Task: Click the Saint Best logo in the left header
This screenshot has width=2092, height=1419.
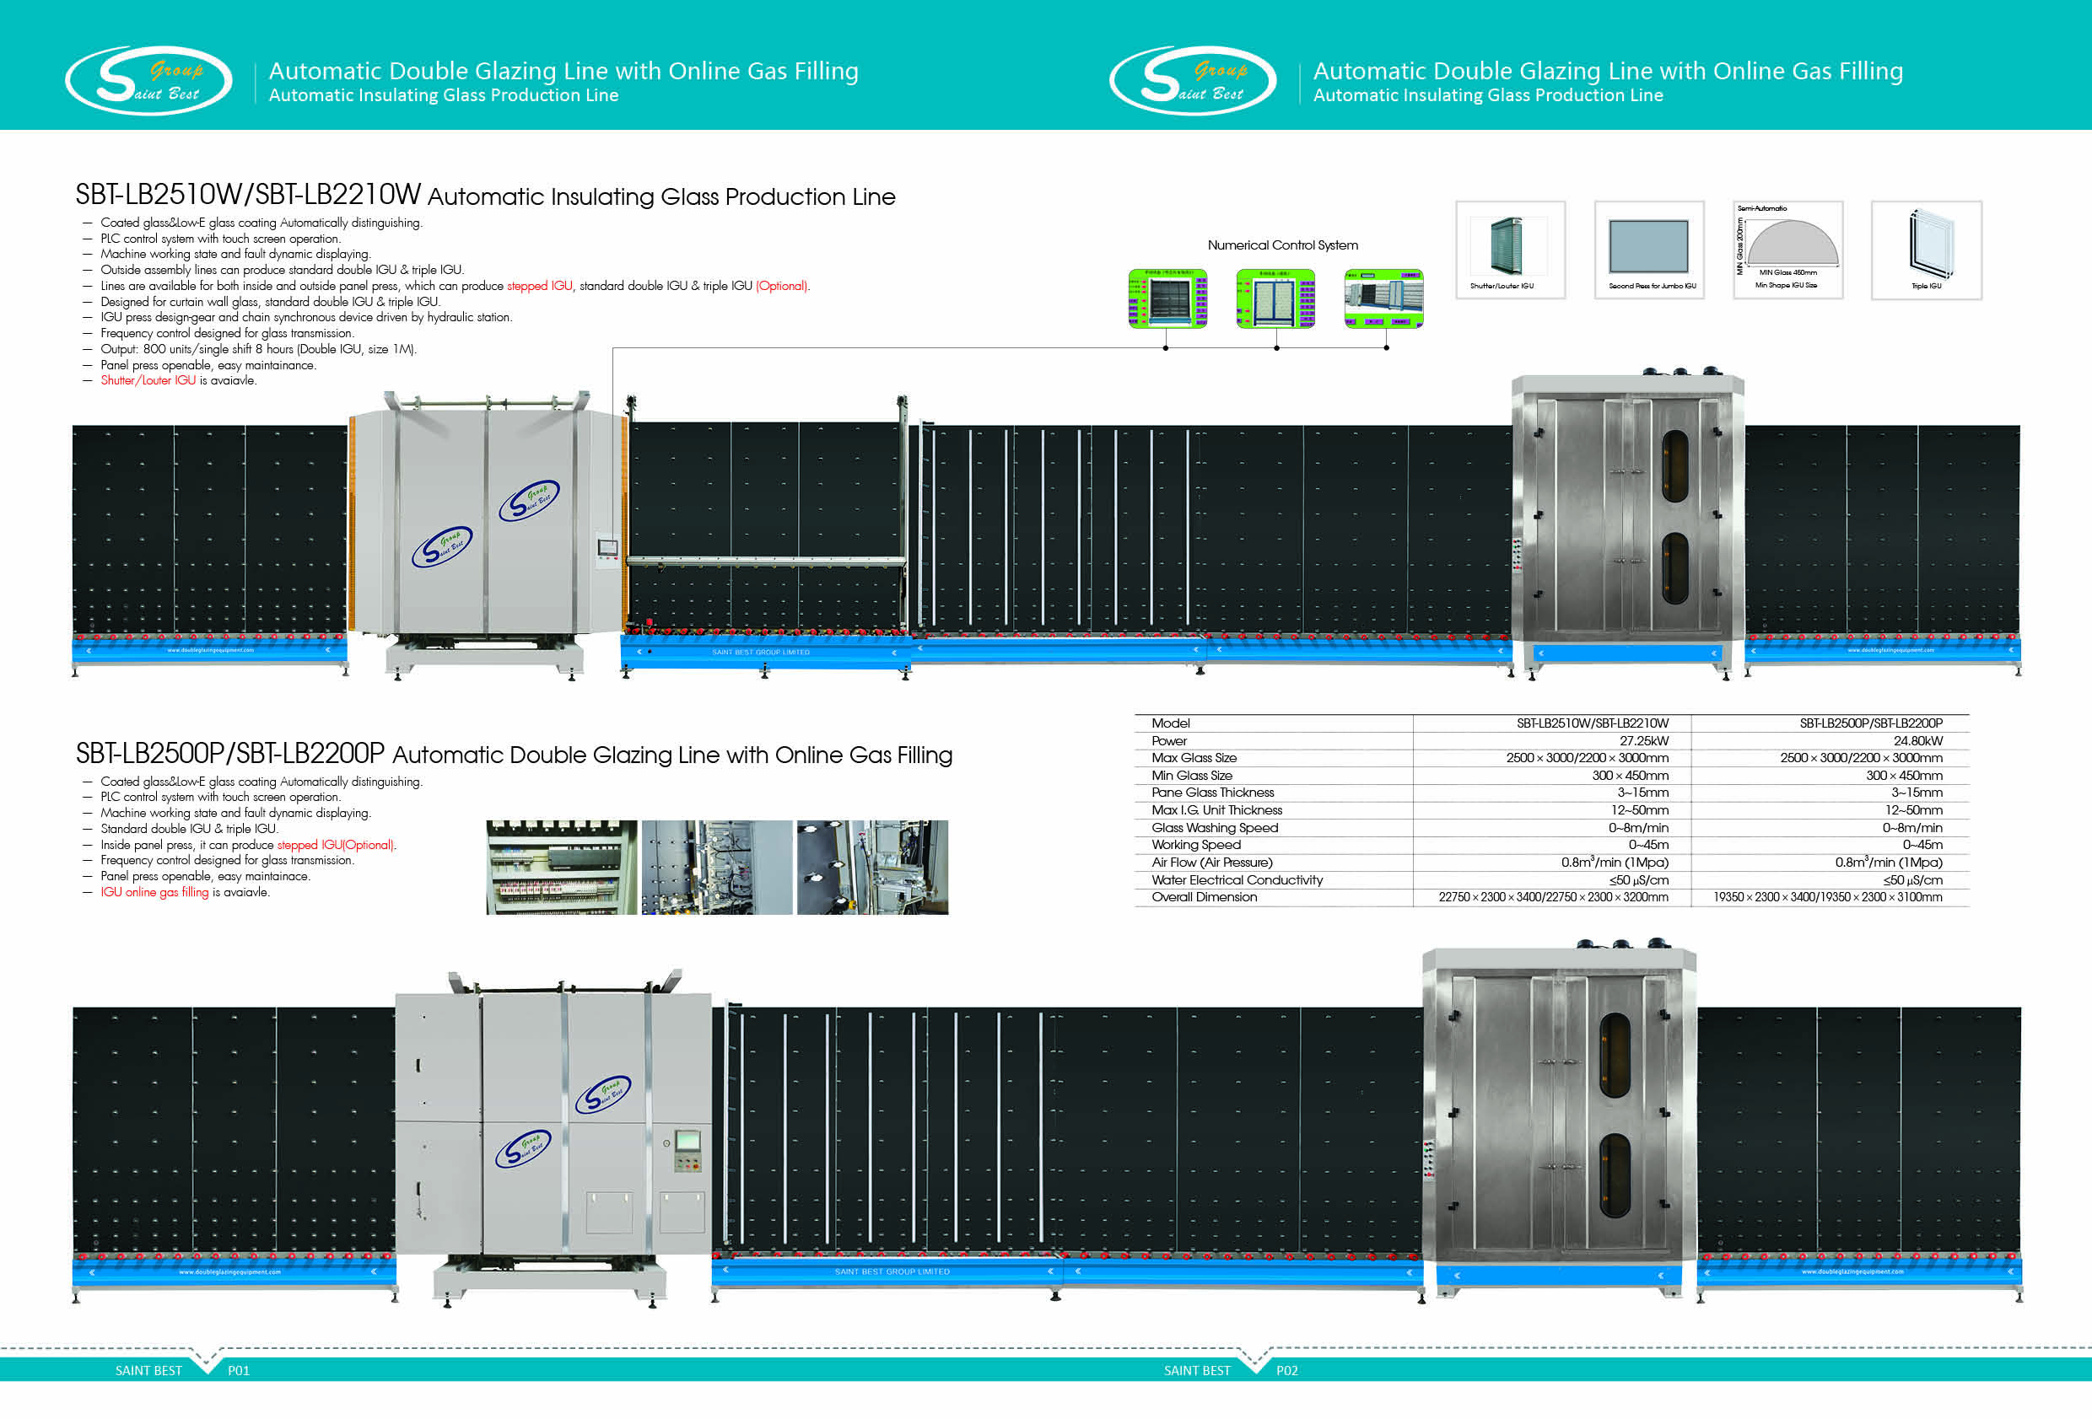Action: (148, 81)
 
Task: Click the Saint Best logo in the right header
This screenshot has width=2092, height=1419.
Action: (1193, 81)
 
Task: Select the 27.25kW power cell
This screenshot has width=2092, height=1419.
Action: (1643, 740)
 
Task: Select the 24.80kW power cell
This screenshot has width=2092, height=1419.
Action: (1917, 740)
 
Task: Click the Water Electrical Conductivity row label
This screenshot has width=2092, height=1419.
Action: (1237, 880)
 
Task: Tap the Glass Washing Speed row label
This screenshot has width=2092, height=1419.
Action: (1215, 828)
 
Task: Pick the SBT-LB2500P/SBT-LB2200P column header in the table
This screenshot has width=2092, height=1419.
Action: (1870, 723)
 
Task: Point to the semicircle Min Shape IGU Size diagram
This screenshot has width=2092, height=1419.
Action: (1792, 243)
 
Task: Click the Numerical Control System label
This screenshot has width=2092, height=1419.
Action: (1282, 245)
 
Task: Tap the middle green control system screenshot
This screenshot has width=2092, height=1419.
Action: (1275, 298)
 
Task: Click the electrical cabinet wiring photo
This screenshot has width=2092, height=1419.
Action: (561, 867)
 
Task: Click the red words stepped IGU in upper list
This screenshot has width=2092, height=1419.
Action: (539, 286)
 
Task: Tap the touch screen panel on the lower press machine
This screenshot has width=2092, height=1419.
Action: (687, 1140)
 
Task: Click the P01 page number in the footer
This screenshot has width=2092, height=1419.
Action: (238, 1370)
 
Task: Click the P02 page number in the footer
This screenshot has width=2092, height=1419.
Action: (1286, 1370)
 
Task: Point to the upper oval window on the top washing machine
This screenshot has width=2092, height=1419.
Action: (1674, 465)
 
